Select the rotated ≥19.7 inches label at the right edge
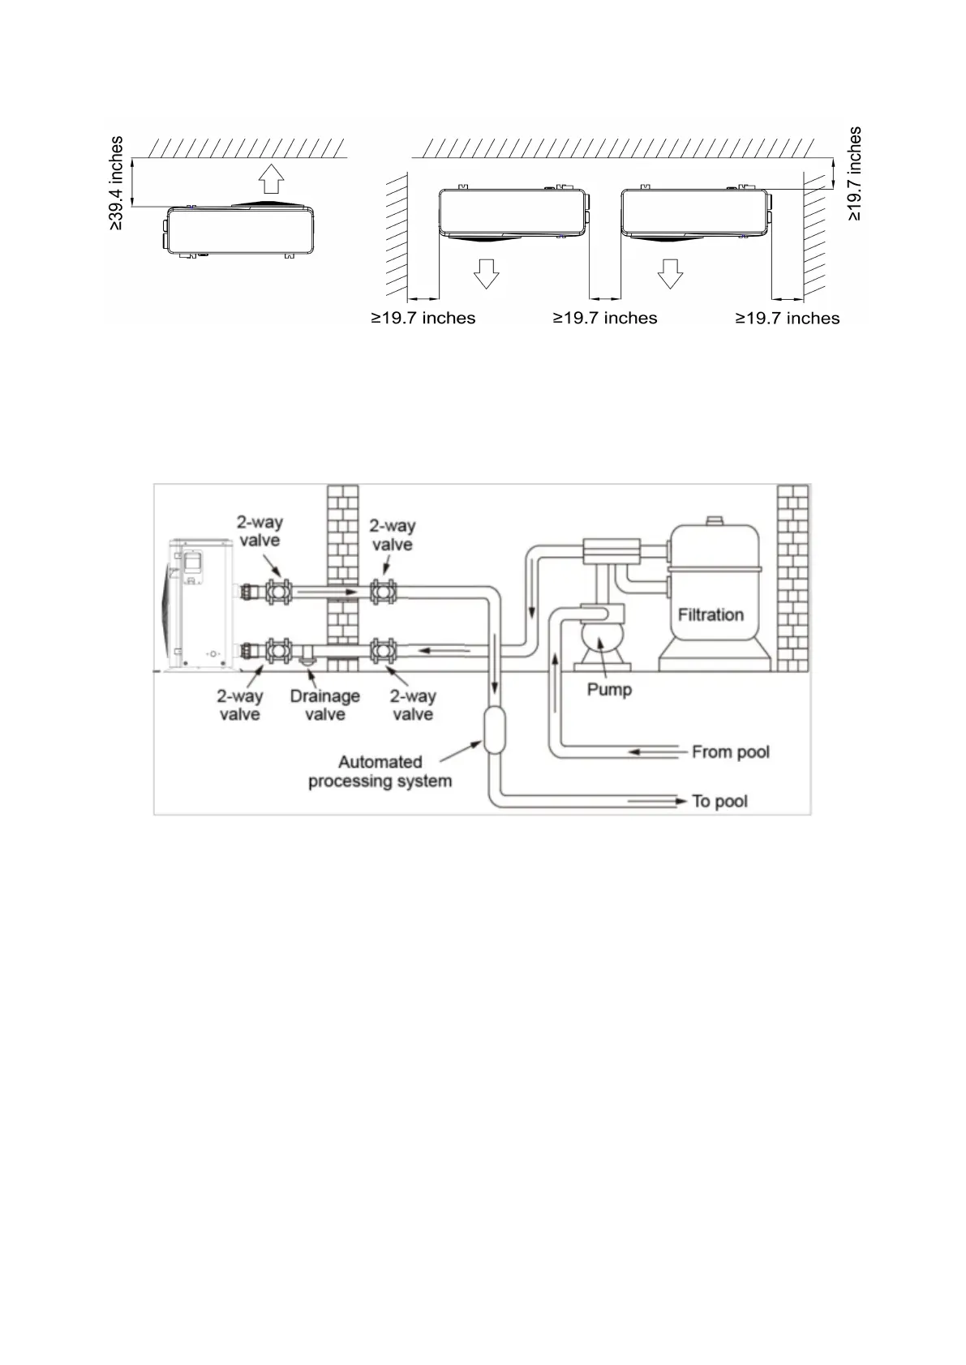pos(855,173)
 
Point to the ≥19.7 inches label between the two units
pos(605,319)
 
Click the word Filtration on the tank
pos(711,614)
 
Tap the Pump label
pos(609,690)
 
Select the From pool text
pos(730,752)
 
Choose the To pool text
pos(719,802)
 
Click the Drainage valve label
pos(324,705)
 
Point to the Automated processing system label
pos(380,772)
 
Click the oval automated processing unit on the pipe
pos(493,730)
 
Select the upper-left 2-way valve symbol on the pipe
pos(279,592)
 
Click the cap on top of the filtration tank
pos(713,520)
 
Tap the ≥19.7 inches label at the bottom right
pos(788,319)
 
